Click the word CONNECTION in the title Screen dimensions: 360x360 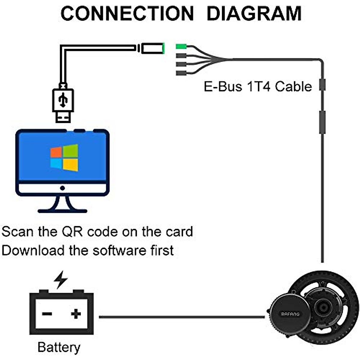point(127,13)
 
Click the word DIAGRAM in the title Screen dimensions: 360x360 point(254,13)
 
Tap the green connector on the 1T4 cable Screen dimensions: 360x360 point(181,46)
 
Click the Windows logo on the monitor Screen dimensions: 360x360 point(64,157)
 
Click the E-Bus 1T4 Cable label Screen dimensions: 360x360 point(258,87)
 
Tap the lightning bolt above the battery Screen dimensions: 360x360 point(61,279)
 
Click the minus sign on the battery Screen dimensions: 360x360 point(47,314)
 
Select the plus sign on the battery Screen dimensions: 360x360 point(76,314)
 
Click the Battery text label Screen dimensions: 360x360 point(59,347)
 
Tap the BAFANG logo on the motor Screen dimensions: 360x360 point(290,314)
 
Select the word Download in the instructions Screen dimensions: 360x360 point(33,250)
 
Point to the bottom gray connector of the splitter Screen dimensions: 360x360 point(181,73)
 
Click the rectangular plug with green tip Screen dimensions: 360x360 point(153,48)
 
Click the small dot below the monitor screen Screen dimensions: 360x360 point(62,188)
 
